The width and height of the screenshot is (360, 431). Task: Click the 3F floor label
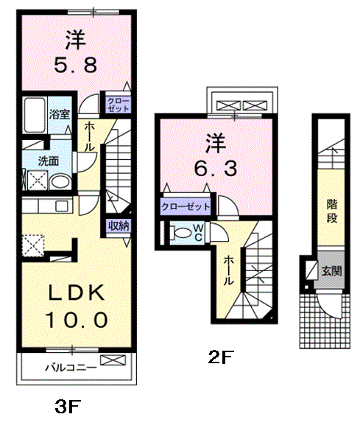tap(68, 407)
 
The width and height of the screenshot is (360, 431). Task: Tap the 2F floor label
tap(221, 357)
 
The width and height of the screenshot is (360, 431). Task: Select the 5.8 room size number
tap(76, 66)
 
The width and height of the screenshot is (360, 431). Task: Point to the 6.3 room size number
tap(215, 169)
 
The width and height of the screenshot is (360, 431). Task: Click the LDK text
tap(77, 292)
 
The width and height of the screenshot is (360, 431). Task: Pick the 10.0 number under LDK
tap(76, 320)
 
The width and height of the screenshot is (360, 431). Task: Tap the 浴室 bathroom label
tap(60, 114)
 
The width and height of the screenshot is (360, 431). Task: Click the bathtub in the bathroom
tap(35, 115)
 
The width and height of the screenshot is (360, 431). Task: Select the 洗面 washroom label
tap(48, 161)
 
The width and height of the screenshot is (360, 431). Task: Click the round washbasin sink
tap(60, 181)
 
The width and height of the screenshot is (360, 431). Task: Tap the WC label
tap(199, 233)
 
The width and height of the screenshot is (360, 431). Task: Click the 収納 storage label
tap(119, 226)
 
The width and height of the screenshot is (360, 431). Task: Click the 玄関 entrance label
tap(332, 271)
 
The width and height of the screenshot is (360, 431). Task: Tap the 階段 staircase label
tap(332, 211)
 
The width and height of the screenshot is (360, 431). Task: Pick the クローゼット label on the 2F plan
tap(186, 206)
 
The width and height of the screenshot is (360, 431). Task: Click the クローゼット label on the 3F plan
tap(119, 105)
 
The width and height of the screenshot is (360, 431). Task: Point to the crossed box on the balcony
tap(113, 360)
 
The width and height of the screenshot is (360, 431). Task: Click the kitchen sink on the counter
tap(62, 206)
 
